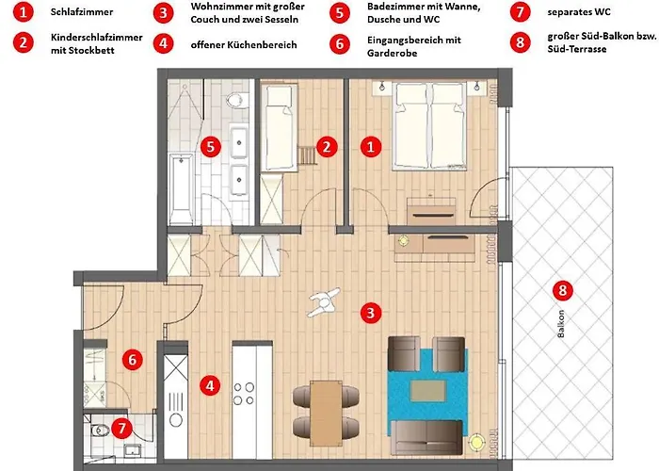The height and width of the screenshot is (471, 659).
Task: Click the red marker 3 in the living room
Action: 370,313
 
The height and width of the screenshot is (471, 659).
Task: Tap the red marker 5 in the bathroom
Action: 211,147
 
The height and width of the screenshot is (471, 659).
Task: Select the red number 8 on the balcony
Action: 562,290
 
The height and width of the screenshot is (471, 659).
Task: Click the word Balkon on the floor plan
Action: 561,324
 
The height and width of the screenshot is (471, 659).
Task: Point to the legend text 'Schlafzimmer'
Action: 82,11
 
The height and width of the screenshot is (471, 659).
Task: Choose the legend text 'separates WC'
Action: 579,12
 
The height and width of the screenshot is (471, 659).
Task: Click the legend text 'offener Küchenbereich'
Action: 244,44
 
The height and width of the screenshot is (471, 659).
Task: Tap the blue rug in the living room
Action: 427,392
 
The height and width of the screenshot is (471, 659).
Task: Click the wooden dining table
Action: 326,413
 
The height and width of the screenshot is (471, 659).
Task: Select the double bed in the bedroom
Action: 429,126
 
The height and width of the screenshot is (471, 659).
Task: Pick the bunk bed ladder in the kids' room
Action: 307,154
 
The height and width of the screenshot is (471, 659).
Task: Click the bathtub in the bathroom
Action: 181,188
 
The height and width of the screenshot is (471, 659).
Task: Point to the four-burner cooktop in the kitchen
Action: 244,394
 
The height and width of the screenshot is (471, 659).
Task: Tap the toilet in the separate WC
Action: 99,430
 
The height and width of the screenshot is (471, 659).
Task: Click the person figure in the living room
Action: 324,301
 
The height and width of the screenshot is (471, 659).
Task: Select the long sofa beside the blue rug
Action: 426,438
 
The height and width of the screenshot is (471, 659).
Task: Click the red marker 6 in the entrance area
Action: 133,360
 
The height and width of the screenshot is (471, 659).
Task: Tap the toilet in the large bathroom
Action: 235,100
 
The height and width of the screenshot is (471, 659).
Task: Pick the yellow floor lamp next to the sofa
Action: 476,443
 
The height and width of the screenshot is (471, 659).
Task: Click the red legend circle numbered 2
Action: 24,43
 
